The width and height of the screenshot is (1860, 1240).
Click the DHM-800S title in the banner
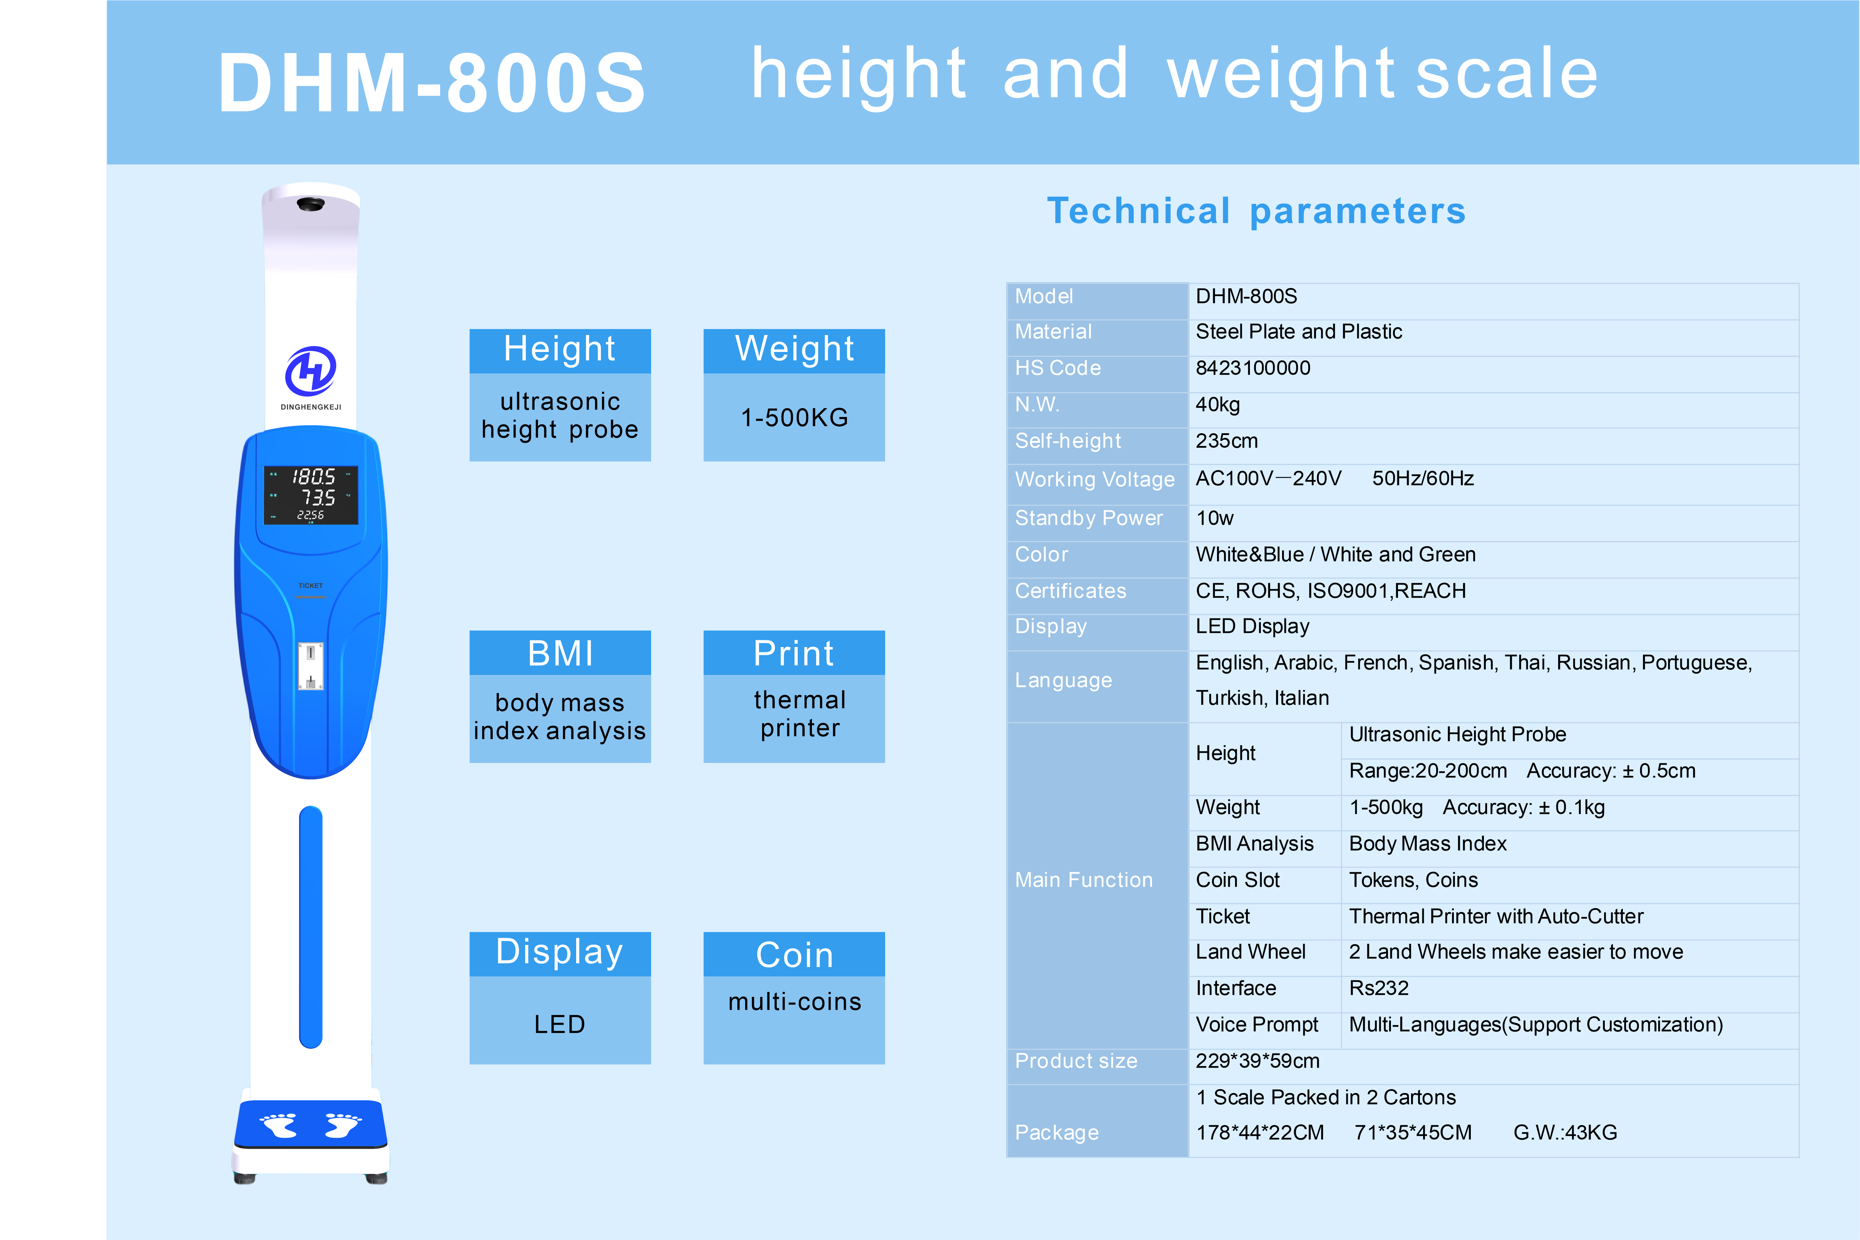coord(432,82)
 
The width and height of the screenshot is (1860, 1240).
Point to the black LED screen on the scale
coord(311,495)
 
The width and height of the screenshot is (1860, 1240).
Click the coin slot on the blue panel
coord(311,666)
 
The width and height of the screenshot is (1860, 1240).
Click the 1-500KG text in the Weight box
coord(794,418)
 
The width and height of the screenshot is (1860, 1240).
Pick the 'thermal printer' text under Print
coord(800,713)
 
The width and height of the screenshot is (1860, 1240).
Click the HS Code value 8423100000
coord(1253,368)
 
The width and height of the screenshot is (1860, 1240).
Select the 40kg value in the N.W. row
coord(1218,405)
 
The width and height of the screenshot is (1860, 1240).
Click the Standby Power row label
coord(1089,518)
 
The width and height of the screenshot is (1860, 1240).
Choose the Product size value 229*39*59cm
coord(1257,1061)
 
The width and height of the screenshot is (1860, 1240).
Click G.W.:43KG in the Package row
coord(1565,1133)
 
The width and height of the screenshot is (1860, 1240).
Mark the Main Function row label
coord(1083,880)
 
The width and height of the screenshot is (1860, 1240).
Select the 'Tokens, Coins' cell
coord(1413,880)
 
